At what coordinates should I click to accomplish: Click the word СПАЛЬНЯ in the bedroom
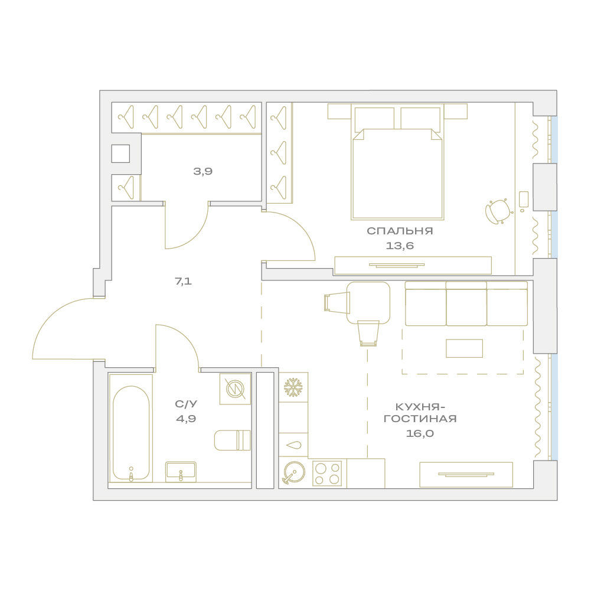click(x=400, y=231)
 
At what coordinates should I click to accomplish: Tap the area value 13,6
click(x=400, y=246)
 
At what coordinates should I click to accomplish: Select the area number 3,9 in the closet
click(x=203, y=171)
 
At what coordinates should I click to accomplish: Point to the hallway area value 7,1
click(x=184, y=281)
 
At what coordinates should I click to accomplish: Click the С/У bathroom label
click(x=186, y=404)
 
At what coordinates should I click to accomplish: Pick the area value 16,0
click(x=420, y=433)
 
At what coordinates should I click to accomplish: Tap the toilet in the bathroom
click(x=233, y=440)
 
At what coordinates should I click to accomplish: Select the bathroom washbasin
click(x=181, y=472)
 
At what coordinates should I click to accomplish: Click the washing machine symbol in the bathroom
click(x=235, y=388)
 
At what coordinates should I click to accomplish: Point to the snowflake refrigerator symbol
click(x=293, y=387)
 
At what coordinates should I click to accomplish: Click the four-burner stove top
click(x=327, y=474)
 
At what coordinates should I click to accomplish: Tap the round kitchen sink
click(x=294, y=472)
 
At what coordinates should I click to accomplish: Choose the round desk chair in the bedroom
click(x=498, y=212)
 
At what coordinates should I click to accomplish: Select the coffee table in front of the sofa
click(x=464, y=348)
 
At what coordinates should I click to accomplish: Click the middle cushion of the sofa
click(x=466, y=304)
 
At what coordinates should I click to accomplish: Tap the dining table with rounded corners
click(x=368, y=303)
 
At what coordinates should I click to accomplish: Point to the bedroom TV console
click(x=413, y=265)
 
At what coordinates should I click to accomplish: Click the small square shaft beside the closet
click(x=120, y=154)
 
